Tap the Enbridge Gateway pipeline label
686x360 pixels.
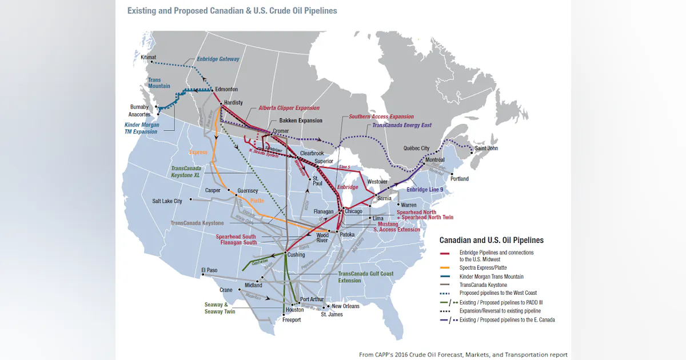(x=218, y=59)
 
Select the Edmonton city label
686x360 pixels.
(x=226, y=90)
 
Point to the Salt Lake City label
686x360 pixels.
(x=167, y=201)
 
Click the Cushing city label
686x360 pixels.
(x=296, y=254)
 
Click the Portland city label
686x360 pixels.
(x=459, y=179)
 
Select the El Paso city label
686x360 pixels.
(x=210, y=270)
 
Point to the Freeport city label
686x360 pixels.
(x=291, y=320)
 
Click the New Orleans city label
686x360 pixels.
(x=345, y=306)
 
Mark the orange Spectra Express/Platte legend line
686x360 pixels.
(x=446, y=268)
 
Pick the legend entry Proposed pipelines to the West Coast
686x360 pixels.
(x=498, y=293)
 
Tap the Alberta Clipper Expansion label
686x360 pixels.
(x=289, y=108)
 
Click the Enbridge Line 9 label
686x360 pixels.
(x=425, y=190)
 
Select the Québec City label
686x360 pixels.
(x=416, y=149)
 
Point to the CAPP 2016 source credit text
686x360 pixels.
(x=463, y=354)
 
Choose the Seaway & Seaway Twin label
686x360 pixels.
(x=220, y=308)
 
